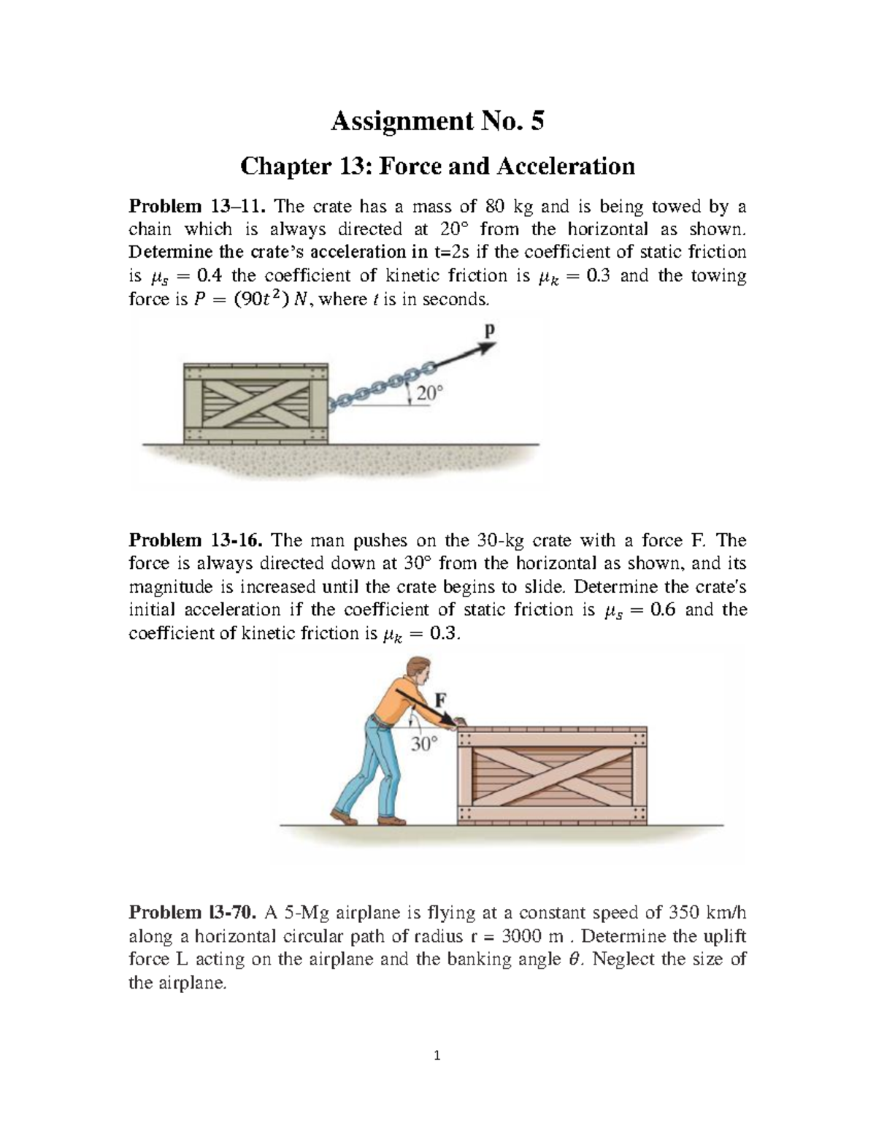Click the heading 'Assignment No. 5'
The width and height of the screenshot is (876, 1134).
click(x=437, y=121)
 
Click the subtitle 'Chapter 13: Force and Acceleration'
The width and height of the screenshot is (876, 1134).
click(x=437, y=166)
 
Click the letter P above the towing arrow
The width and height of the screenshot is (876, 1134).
click(x=489, y=330)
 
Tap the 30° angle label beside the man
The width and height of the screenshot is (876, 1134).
click(x=423, y=744)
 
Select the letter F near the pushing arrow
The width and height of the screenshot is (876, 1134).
click(x=440, y=699)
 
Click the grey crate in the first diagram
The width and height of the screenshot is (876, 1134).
click(x=255, y=402)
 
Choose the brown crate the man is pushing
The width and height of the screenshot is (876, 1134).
click(x=552, y=775)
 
